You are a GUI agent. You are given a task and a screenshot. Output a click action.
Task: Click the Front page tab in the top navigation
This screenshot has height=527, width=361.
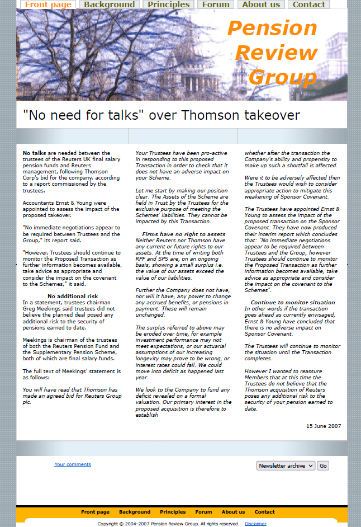48,4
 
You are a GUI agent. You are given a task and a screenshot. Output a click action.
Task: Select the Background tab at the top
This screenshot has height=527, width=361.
110,4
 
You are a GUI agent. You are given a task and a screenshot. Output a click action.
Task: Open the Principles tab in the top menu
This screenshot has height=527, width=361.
169,4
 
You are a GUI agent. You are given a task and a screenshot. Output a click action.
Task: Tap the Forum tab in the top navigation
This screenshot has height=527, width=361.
216,4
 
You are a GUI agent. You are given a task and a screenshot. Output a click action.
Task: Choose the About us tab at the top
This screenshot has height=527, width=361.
261,4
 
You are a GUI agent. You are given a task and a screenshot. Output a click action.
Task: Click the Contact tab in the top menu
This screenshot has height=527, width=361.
309,4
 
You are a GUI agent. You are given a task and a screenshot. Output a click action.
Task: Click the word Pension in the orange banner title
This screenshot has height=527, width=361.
272,28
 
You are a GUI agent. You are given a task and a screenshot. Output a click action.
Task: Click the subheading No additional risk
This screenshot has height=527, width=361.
73,296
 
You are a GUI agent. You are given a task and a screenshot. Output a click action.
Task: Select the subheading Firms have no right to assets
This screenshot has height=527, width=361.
183,234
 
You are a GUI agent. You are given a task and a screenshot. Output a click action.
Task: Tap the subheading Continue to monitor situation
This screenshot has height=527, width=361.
293,302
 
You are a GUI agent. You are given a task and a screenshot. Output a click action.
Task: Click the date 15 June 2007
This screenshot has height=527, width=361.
323,426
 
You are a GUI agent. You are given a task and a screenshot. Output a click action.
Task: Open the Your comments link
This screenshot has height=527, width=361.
73,464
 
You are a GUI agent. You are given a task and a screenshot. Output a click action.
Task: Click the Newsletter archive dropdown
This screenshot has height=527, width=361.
286,465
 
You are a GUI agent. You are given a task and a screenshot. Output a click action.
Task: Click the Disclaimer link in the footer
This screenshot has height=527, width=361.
255,524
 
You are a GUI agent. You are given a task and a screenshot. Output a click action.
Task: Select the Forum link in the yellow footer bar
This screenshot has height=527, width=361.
203,512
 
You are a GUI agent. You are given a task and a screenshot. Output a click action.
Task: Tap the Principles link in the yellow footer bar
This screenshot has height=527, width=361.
173,512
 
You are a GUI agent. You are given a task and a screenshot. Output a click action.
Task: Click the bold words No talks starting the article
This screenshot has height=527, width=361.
34,153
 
